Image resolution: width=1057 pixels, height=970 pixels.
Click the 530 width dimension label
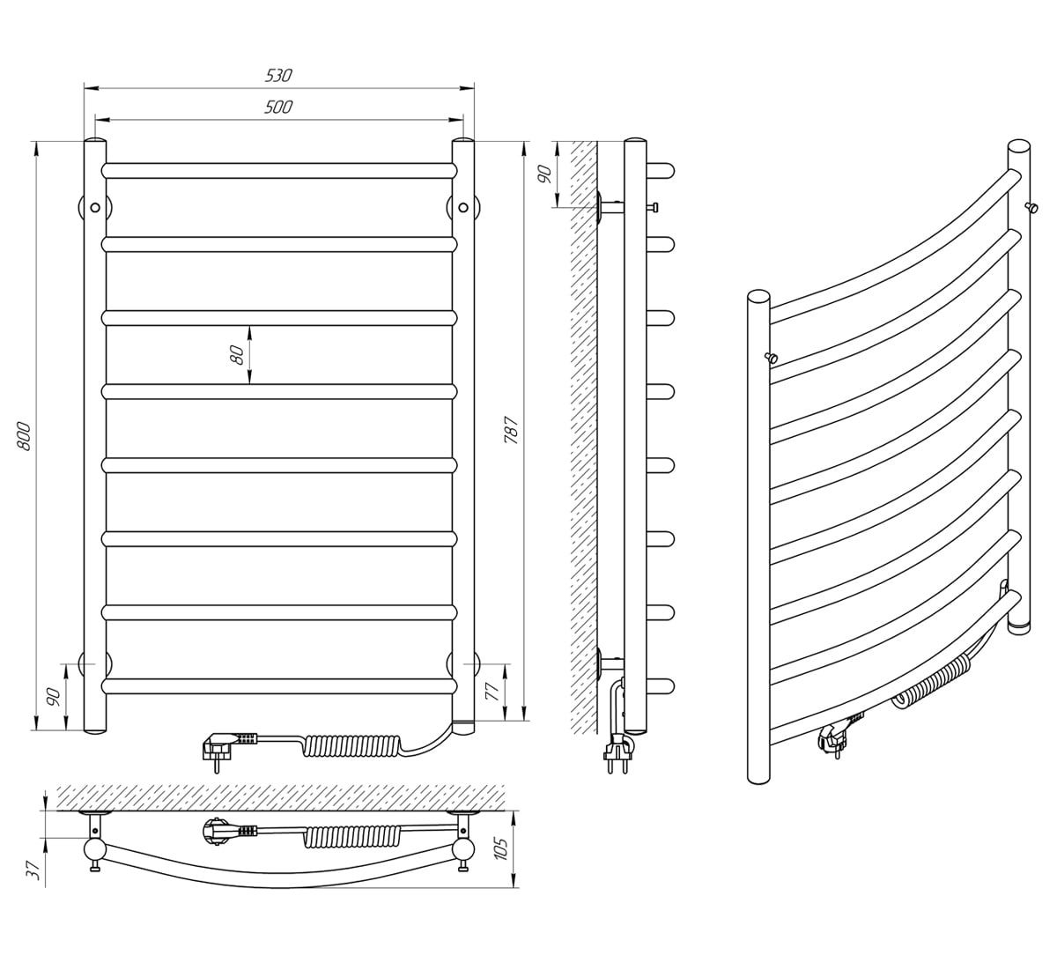(278, 76)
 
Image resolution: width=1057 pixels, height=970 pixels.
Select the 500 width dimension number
(278, 107)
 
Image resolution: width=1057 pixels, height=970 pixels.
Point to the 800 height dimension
(25, 435)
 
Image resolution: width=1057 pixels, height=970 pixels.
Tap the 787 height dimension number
(512, 430)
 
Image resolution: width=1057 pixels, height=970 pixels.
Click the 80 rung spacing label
(237, 355)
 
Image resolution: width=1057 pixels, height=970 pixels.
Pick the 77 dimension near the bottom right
(492, 691)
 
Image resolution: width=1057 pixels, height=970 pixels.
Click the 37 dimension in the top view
(33, 870)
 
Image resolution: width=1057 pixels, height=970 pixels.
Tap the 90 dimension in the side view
(544, 174)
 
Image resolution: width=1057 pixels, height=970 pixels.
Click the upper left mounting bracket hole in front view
(95, 208)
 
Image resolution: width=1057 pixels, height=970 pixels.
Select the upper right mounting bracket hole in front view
(463, 208)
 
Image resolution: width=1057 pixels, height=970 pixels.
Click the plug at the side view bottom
(618, 752)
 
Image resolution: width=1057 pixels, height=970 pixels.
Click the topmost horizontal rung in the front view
(279, 171)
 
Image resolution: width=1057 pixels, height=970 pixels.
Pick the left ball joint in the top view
(95, 851)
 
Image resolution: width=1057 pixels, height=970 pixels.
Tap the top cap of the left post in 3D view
(758, 296)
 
